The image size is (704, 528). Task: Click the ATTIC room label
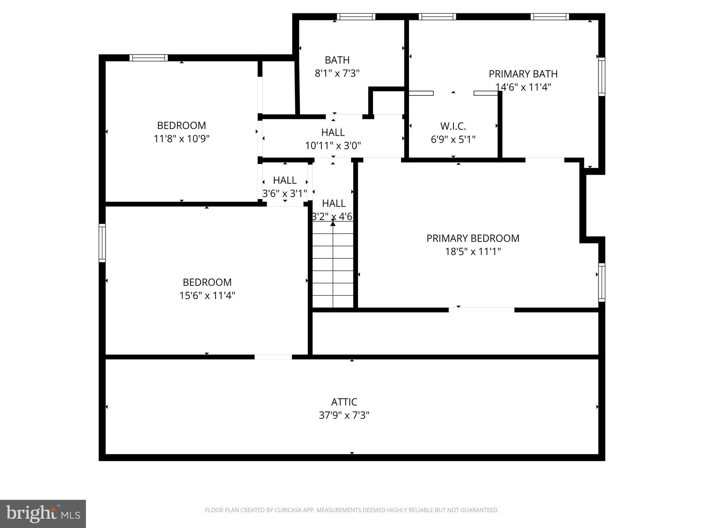344,402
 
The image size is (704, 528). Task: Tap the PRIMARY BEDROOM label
473,238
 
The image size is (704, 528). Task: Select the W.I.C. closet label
453,126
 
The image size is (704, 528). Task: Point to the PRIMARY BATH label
523,74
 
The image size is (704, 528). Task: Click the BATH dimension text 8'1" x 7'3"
337,73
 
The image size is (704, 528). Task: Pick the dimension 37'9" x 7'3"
344,415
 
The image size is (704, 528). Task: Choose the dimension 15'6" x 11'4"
207,295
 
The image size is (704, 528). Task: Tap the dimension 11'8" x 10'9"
181,139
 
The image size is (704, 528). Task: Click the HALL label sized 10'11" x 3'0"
333,132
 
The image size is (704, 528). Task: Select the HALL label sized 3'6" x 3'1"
285,180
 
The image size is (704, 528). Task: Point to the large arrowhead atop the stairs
333,224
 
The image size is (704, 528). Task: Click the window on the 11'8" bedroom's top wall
148,58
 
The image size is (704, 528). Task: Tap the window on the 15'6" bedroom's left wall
102,243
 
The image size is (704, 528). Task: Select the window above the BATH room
356,17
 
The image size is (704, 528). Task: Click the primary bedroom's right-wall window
602,282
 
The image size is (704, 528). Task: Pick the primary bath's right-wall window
602,77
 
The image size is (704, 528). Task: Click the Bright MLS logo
43,514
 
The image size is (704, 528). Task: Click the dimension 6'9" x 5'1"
453,140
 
